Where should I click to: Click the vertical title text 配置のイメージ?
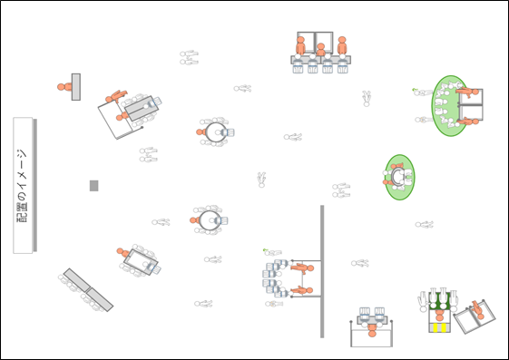click(x=22, y=186)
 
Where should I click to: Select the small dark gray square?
click(x=93, y=186)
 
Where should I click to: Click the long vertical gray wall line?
click(x=322, y=271)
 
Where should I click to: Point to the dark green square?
click(x=440, y=301)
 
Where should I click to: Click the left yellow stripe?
click(x=436, y=327)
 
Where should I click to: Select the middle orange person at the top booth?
click(x=320, y=50)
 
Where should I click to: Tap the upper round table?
click(x=215, y=132)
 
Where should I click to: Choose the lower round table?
click(x=210, y=220)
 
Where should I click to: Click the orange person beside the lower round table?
click(x=194, y=220)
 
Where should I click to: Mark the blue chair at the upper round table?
click(x=229, y=132)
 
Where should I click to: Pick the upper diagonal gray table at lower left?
click(x=76, y=280)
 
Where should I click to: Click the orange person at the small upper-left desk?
click(x=64, y=87)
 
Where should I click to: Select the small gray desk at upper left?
click(x=76, y=87)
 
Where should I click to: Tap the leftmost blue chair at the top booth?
click(x=298, y=69)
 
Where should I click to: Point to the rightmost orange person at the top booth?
click(x=342, y=45)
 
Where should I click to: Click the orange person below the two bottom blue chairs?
click(x=372, y=330)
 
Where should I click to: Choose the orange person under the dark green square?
click(x=439, y=315)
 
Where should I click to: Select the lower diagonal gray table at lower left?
click(x=100, y=299)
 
